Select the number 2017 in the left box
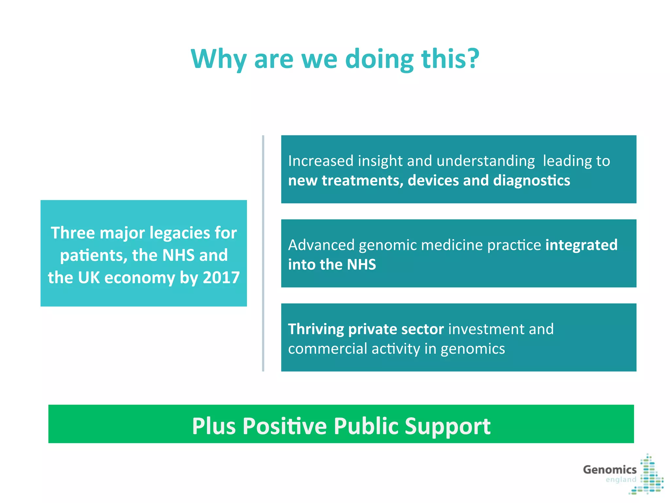221,278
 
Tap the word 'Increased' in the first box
321,161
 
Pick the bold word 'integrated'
581,245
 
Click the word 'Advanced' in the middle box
321,245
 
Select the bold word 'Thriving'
316,329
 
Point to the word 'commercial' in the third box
327,349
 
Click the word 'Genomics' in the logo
609,470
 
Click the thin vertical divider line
263,253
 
